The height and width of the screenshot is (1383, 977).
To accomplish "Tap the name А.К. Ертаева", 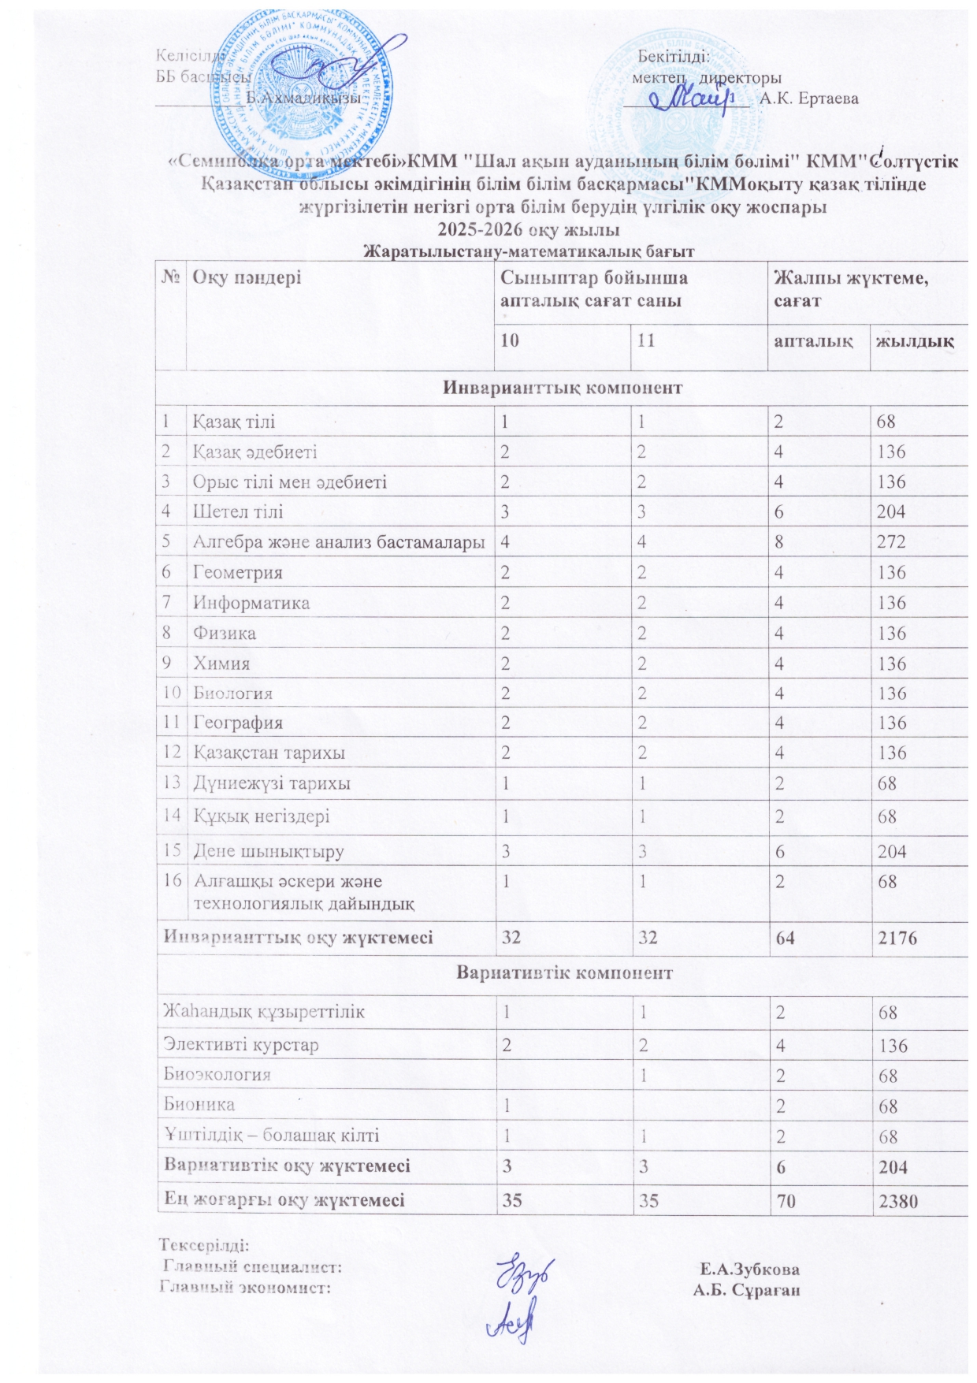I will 809,99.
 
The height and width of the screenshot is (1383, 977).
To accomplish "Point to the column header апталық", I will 813,341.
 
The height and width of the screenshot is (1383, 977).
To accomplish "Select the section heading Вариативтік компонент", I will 564,972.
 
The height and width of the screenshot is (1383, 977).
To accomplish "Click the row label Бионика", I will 199,1105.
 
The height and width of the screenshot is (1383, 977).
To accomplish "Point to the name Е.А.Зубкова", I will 749,1270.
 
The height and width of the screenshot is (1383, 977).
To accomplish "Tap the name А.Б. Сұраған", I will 746,1290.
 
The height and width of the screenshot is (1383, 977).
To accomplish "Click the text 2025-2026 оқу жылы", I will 529,230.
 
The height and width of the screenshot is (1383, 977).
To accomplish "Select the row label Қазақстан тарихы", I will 269,753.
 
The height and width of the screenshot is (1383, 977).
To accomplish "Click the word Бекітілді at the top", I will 674,57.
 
